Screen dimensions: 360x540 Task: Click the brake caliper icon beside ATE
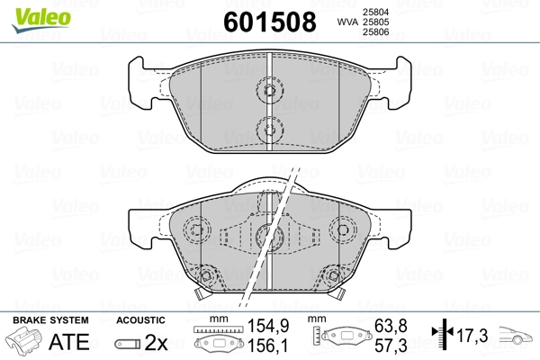click(25, 342)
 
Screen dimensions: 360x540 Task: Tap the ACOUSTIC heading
click(140, 320)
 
